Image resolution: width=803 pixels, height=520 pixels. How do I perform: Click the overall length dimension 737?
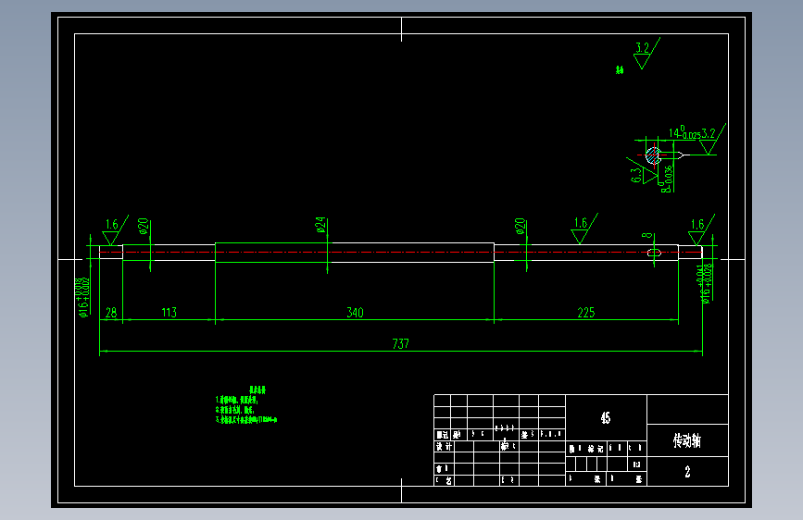(400, 343)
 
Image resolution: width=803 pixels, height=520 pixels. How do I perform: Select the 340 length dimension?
(355, 313)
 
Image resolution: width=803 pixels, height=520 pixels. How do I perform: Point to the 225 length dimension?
(585, 313)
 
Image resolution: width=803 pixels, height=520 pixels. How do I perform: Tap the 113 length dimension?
(169, 313)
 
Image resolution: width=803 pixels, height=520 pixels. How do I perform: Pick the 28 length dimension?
(111, 313)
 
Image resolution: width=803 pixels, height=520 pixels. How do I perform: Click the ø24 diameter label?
(320, 225)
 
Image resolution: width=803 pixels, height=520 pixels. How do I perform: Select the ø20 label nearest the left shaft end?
(144, 226)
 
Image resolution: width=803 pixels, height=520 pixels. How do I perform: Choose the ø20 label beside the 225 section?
(521, 226)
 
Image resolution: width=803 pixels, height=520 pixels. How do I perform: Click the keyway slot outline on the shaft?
(654, 252)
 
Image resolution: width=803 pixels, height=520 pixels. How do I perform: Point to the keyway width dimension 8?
(646, 237)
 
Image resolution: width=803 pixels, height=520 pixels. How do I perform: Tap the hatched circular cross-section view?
(653, 155)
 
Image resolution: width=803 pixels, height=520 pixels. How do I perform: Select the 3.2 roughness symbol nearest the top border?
(643, 51)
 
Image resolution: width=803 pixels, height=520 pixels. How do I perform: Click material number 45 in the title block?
(605, 418)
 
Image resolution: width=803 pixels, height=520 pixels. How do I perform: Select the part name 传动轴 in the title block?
(687, 440)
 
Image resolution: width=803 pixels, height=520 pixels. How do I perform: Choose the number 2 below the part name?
(687, 472)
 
